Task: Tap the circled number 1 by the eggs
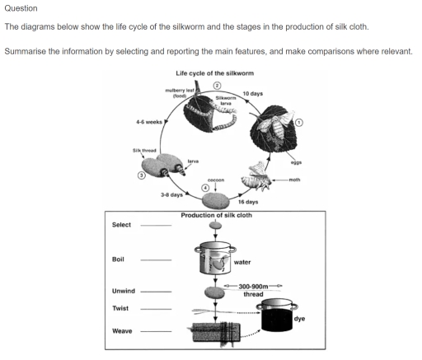[300, 123]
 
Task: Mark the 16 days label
[248, 202]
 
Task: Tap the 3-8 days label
[172, 195]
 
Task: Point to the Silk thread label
[144, 150]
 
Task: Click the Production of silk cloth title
[217, 215]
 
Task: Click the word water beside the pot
[244, 262]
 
